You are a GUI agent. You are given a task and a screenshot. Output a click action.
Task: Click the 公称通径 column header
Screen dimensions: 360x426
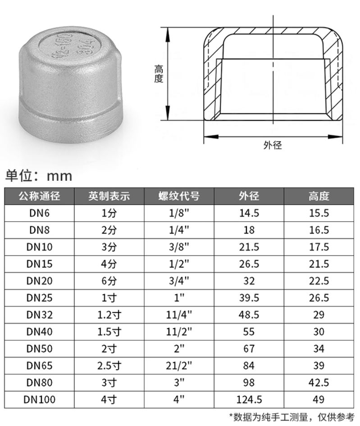pyautogui.click(x=39, y=196)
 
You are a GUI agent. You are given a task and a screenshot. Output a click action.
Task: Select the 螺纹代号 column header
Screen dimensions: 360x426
pyautogui.click(x=179, y=196)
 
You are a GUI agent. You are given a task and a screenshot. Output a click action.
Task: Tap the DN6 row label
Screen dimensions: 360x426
pyautogui.click(x=39, y=213)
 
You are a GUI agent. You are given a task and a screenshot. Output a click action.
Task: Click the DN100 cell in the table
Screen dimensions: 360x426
pyautogui.click(x=39, y=400)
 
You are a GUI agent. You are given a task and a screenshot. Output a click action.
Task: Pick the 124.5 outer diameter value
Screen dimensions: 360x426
pyautogui.click(x=249, y=400)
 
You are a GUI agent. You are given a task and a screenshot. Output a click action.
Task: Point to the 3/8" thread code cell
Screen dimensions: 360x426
pyautogui.click(x=179, y=247)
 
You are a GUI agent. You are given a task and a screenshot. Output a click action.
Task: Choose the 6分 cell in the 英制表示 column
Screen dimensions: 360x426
pyautogui.click(x=109, y=281)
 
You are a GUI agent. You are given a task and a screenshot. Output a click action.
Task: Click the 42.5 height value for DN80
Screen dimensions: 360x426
pyautogui.click(x=319, y=383)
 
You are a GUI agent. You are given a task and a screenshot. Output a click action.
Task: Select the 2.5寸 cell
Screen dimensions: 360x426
pyautogui.click(x=109, y=366)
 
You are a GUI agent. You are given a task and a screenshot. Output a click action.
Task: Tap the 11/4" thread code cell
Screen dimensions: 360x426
pyautogui.click(x=179, y=315)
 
